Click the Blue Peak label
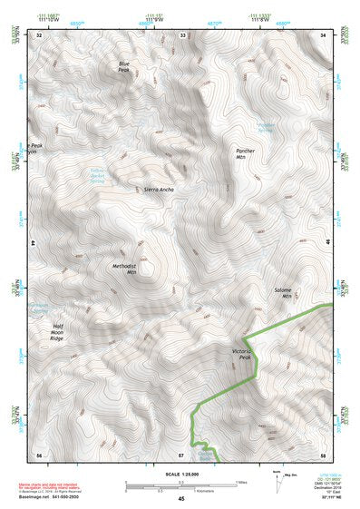124,65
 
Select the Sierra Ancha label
159,190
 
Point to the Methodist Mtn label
124,269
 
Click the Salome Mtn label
287,292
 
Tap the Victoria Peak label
238,353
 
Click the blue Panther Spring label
264,127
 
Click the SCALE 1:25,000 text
180,474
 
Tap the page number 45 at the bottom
180,499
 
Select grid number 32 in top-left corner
39,34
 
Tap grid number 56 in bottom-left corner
39,454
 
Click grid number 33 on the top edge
182,34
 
